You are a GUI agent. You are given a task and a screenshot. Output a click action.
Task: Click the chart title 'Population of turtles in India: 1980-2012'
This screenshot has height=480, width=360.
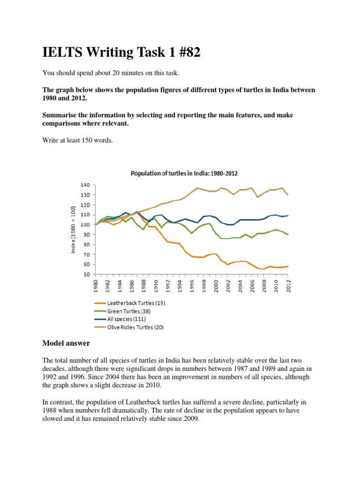[x=184, y=173]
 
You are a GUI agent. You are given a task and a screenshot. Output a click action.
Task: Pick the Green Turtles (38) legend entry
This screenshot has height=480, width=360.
[x=128, y=311]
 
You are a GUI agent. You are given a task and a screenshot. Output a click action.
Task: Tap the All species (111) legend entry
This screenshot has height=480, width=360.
[x=125, y=319]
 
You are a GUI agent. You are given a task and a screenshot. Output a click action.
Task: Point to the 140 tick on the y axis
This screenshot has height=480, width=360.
[x=84, y=185]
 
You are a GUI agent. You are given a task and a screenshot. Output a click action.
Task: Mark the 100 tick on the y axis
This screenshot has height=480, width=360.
[x=84, y=225]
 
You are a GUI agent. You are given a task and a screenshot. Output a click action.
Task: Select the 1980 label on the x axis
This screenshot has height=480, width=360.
[x=95, y=285]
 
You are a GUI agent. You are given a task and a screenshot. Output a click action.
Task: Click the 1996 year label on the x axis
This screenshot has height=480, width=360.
[x=192, y=285]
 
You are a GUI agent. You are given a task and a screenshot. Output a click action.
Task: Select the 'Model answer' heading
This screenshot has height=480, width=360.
[x=66, y=343]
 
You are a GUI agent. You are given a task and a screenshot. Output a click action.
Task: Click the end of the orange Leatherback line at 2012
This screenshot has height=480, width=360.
[x=287, y=266]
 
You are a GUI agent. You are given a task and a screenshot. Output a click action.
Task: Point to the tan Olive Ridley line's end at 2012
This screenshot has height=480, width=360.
[x=287, y=195]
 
